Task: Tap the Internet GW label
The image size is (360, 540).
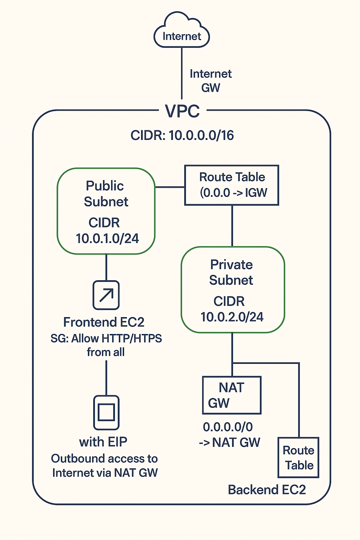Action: pyautogui.click(x=211, y=81)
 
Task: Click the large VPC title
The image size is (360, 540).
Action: pyautogui.click(x=182, y=111)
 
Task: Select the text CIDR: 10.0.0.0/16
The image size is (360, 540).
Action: pyautogui.click(x=182, y=135)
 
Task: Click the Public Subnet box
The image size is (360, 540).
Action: pyautogui.click(x=106, y=211)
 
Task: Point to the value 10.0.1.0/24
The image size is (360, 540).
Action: pyautogui.click(x=107, y=238)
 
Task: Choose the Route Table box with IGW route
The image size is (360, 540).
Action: pyautogui.click(x=232, y=185)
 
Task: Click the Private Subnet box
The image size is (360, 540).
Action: pyautogui.click(x=232, y=290)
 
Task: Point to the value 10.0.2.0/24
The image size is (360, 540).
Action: pyautogui.click(x=232, y=317)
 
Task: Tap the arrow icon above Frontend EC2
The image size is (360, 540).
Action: pyautogui.click(x=106, y=295)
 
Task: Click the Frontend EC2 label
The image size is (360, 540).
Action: pyautogui.click(x=104, y=322)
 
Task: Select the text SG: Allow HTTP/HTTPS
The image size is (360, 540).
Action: pyautogui.click(x=106, y=338)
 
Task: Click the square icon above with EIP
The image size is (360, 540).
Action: pyautogui.click(x=106, y=412)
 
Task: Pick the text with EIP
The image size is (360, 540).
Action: pyautogui.click(x=103, y=442)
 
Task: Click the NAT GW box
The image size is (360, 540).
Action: pyautogui.click(x=232, y=395)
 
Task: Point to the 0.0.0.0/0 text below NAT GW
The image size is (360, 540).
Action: pyautogui.click(x=228, y=427)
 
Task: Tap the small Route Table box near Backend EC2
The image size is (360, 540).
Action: pyautogui.click(x=298, y=457)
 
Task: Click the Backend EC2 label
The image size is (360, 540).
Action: pyautogui.click(x=267, y=490)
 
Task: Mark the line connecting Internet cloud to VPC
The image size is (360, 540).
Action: pyautogui.click(x=182, y=74)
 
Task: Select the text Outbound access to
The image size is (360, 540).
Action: pyautogui.click(x=104, y=458)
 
